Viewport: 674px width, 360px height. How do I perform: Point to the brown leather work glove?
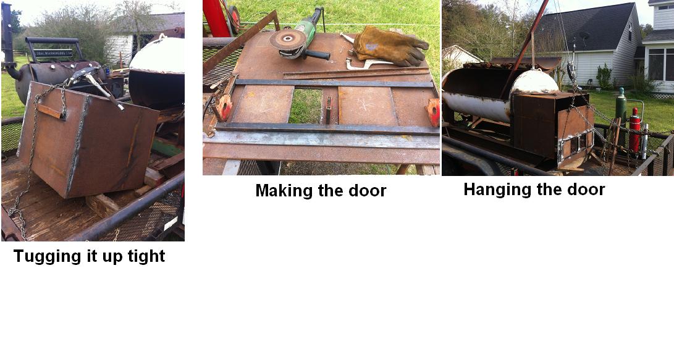coord(389,46)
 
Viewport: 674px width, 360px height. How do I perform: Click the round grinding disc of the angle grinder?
coord(287,40)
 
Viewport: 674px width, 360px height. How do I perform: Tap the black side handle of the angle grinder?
coord(316,54)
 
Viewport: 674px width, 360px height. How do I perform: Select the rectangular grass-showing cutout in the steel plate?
coord(305,106)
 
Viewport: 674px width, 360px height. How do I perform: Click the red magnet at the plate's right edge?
coord(433,112)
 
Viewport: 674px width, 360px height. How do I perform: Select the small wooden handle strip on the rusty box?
coord(50,111)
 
